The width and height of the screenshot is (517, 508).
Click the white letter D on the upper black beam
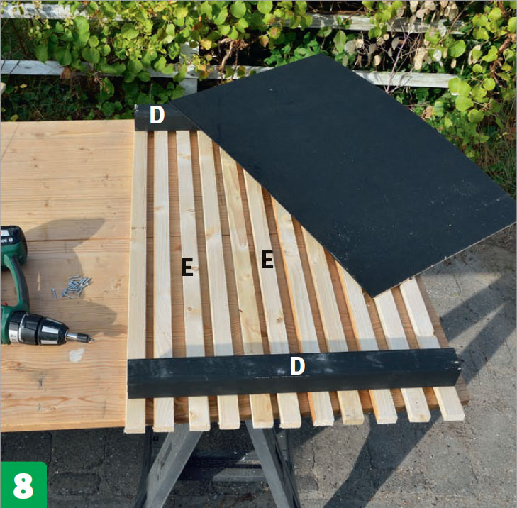157,115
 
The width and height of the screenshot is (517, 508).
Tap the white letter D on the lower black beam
297,366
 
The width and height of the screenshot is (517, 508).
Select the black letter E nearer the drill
187,267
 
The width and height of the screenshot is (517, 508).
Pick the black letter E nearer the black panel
267,259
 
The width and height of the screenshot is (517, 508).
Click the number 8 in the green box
23,486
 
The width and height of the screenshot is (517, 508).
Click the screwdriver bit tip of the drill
92,339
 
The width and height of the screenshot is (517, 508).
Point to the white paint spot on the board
77,355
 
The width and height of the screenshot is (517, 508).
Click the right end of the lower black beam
458,366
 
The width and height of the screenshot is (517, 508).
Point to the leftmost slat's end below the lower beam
135,415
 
